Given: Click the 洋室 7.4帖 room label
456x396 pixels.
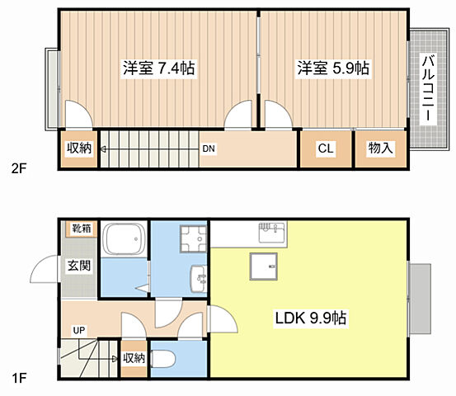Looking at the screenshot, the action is point(159,68).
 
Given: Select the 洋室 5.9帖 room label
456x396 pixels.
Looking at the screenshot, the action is point(333,68).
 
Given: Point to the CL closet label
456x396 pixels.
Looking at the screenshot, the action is point(326,148).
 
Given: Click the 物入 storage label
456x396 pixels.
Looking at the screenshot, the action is point(380,148).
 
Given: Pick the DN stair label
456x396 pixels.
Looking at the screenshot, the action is point(209,148).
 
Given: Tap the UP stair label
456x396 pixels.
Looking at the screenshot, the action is point(79,331).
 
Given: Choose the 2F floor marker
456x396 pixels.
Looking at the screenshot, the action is point(19,168).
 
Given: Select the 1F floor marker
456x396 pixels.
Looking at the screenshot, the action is point(19,378).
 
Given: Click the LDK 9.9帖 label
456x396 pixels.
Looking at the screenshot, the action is point(311,318).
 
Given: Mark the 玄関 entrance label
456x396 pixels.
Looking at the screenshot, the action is point(79,266).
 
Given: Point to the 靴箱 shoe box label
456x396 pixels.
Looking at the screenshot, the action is point(82,229).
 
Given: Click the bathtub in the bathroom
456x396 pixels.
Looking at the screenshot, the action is point(125,239).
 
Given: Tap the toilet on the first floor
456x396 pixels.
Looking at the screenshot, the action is point(163,359).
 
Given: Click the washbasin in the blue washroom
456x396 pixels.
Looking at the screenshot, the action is point(199,278).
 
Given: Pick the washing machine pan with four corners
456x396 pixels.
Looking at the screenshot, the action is point(194,239).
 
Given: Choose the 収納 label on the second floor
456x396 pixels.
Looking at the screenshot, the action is point(79,148).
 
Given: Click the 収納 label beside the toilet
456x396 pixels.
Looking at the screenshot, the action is point(134,358).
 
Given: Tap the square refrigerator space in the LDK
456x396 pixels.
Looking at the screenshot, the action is point(264,266).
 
